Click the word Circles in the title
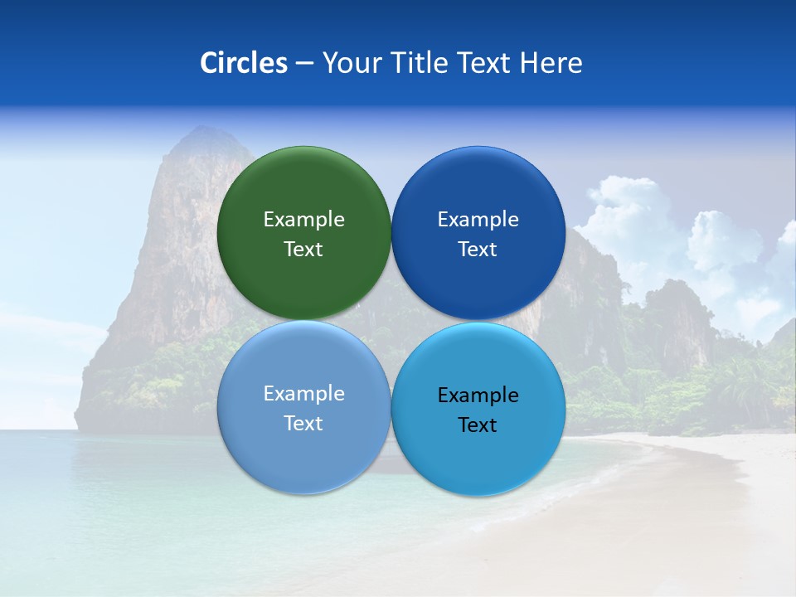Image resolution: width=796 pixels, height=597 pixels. [243, 63]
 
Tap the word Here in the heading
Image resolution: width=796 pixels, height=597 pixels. [551, 63]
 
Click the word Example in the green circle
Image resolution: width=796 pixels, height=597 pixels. [303, 219]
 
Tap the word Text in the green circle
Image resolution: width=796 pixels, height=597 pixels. [303, 249]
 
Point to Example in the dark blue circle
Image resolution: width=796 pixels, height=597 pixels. [478, 219]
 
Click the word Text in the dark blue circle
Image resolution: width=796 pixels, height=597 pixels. [478, 249]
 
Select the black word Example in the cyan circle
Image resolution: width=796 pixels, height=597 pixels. [478, 395]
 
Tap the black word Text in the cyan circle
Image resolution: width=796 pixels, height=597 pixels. [478, 425]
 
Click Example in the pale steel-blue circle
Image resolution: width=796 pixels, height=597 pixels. [303, 393]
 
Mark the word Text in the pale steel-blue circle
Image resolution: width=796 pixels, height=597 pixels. [303, 423]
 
